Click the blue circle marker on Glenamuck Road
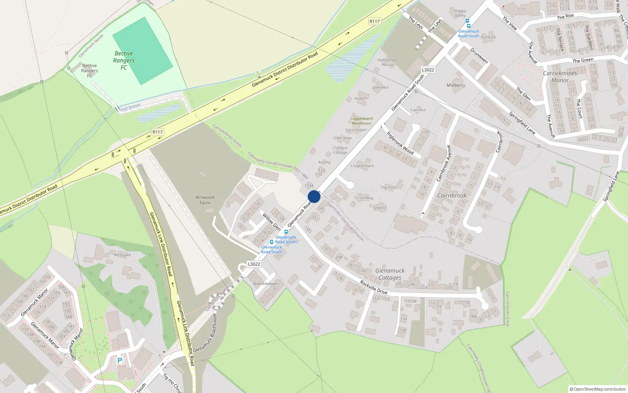pos(314,196)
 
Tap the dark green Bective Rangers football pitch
pos(142,51)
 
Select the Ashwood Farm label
pos(205,200)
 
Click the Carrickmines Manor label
pos(560,77)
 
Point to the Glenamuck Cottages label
pos(390,274)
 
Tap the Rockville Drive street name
pos(374,287)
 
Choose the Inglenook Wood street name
pos(400,142)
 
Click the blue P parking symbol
pos(120,360)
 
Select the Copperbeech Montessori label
pos(361,121)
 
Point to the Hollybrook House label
pos(387,62)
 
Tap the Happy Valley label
pos(460,13)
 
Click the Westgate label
pos(122,255)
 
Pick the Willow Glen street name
pos(272,222)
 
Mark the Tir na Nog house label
pos(363,198)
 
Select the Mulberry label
pos(456,85)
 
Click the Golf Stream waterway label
pos(130,107)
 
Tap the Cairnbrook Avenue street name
pos(444,163)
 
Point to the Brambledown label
pos(265,284)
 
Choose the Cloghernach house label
pos(362,166)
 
